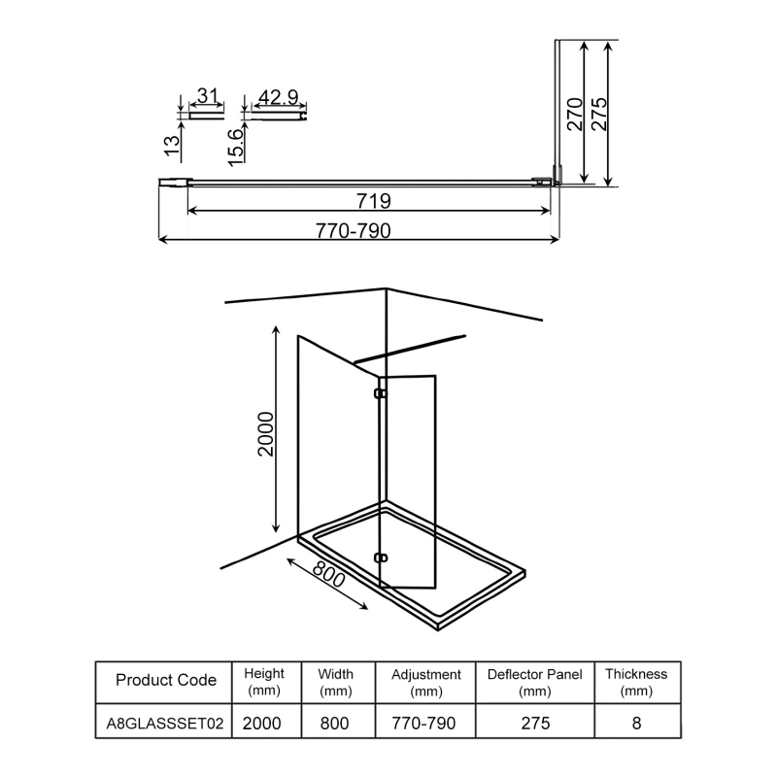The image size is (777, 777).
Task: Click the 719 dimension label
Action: tap(373, 201)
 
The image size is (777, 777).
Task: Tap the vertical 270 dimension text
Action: tap(574, 115)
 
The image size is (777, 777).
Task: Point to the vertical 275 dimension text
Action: tap(599, 115)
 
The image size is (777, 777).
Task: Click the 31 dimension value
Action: tap(206, 96)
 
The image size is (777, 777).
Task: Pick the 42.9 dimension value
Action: tap(279, 96)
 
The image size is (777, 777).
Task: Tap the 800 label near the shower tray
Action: tap(329, 584)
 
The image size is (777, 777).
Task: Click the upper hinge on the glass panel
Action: tap(381, 394)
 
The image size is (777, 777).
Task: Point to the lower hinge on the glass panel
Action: tap(381, 558)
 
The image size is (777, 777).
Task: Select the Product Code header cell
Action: tap(165, 681)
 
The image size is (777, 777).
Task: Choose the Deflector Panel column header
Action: tap(535, 681)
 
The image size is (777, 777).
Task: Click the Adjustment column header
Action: tap(425, 681)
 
